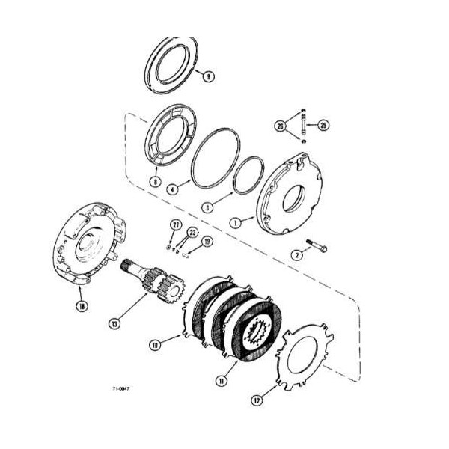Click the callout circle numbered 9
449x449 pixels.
click(x=208, y=76)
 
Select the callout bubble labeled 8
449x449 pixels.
click(x=155, y=181)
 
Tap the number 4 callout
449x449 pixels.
click(x=173, y=191)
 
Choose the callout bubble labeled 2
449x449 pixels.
click(x=296, y=256)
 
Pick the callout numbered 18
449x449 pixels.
click(x=81, y=305)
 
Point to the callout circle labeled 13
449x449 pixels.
click(x=114, y=323)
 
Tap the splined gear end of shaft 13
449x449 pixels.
click(x=169, y=286)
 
